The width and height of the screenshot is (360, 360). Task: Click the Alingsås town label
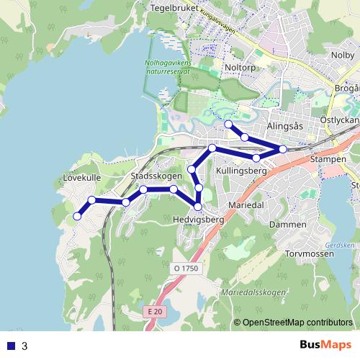(287, 125)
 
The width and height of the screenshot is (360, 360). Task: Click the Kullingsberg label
(242, 171)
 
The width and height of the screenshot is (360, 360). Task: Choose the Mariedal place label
(247, 205)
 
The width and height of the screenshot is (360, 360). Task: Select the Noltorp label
(240, 68)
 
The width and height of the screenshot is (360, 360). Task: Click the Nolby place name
(342, 54)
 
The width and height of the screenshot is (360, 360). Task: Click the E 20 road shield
(151, 312)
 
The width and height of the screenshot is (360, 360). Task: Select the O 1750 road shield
(185, 269)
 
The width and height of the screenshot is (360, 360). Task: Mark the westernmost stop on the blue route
(77, 216)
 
